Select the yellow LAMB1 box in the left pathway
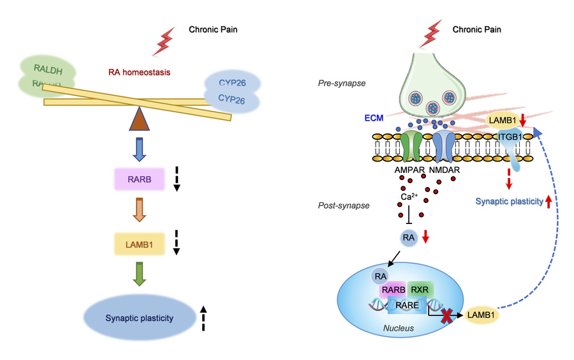pyautogui.click(x=138, y=243)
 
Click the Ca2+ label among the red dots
pyautogui.click(x=410, y=197)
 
